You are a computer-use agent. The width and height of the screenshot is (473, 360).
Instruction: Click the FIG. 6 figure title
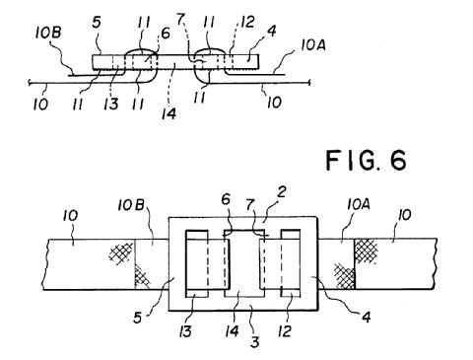pos(367,160)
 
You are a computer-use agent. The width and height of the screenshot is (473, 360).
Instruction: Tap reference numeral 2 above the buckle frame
pos(281,194)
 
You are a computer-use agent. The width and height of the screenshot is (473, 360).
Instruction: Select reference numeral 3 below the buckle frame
pos(255,341)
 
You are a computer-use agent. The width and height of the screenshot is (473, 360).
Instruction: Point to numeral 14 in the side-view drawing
pos(169,113)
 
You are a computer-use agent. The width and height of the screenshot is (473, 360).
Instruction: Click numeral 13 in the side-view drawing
pos(112,104)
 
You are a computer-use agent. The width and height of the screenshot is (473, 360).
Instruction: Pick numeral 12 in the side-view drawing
pos(247,22)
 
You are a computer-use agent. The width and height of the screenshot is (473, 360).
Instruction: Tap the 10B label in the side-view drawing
pos(48,34)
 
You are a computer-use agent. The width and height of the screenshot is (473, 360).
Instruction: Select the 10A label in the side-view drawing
pos(313,45)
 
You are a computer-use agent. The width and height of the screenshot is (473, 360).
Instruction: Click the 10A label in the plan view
pos(359,205)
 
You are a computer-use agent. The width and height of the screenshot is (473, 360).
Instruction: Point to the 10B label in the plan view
pos(131,205)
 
